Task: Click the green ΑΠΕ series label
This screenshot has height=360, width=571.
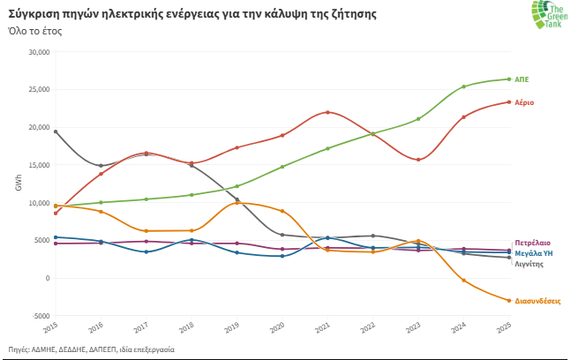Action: (522, 79)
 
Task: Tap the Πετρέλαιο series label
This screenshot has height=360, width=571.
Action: (532, 242)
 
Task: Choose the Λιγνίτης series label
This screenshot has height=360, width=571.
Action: (530, 263)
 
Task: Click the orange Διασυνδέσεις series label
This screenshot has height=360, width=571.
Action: (537, 301)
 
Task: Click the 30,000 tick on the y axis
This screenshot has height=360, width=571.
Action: (38, 52)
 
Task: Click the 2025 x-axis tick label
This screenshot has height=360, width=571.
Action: (504, 329)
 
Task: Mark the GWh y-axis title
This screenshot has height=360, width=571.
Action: (19, 184)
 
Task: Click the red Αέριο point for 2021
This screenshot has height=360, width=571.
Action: (327, 112)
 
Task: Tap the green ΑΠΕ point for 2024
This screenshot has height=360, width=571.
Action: (463, 86)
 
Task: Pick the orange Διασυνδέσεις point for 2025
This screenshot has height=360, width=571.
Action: (509, 301)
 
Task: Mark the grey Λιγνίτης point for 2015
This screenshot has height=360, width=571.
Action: (56, 131)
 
